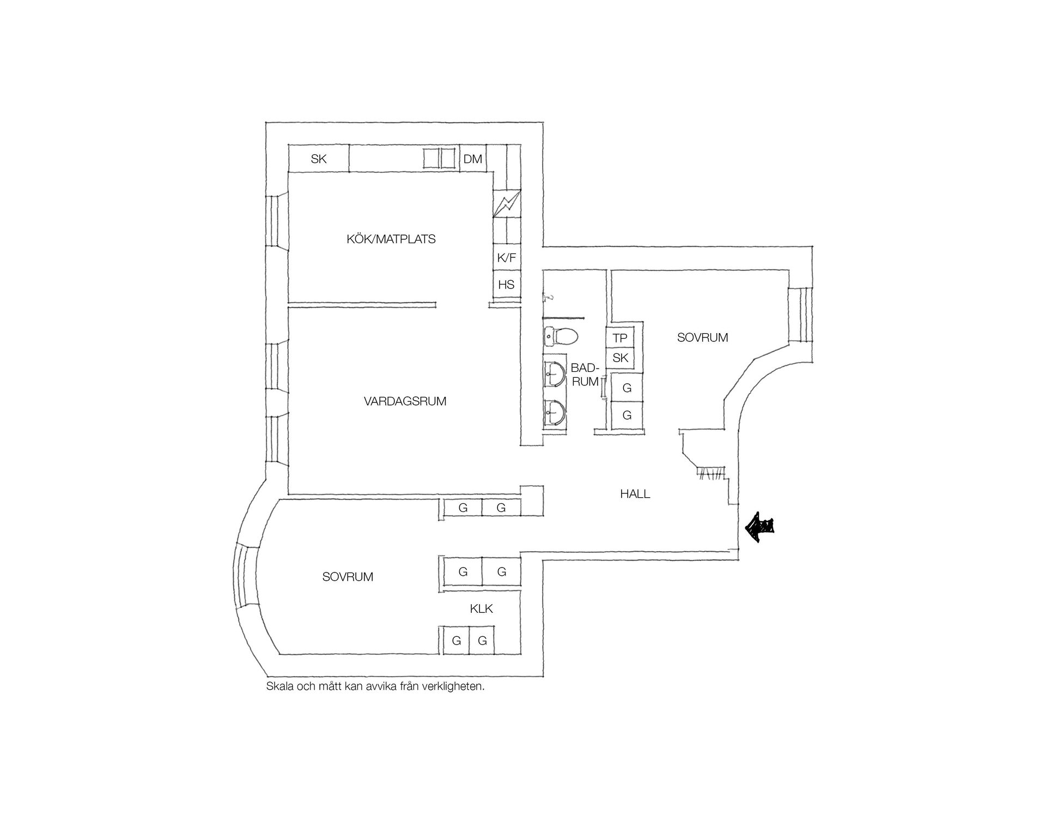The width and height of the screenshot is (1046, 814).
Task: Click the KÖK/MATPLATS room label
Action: [x=391, y=239]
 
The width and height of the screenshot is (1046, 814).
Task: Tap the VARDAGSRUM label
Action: [x=405, y=401]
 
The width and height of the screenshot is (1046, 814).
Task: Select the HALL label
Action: [x=635, y=494]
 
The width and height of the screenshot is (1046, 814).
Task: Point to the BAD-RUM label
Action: [x=585, y=375]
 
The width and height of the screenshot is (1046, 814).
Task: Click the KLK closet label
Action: [x=481, y=608]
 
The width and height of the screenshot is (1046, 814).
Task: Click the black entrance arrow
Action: [x=759, y=527]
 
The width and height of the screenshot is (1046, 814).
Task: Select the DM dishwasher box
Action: [x=473, y=159]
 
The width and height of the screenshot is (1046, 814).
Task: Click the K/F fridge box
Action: [x=507, y=257]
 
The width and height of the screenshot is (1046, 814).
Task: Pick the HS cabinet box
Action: [x=507, y=284]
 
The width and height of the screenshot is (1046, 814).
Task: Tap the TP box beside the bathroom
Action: [x=621, y=338]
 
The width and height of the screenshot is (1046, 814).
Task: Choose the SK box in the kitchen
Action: [x=318, y=159]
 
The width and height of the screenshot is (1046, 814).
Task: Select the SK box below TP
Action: [x=621, y=358]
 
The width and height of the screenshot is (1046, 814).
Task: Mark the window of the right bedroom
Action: [x=801, y=315]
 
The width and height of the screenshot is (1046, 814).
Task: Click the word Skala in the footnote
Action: [x=278, y=686]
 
